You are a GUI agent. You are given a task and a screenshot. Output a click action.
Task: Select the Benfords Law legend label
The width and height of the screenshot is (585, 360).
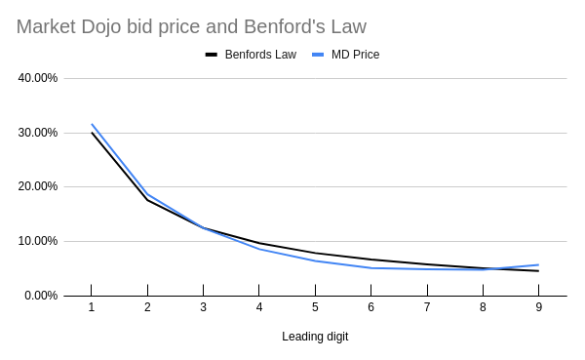click(260, 55)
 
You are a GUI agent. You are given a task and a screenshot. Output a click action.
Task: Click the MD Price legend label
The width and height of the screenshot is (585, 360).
click(355, 55)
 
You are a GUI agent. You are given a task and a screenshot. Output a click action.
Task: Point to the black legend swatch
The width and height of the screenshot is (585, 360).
click(212, 55)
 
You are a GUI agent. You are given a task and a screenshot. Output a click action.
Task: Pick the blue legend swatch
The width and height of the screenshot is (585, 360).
click(318, 55)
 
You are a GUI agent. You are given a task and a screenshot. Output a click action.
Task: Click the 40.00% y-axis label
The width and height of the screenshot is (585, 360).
click(38, 78)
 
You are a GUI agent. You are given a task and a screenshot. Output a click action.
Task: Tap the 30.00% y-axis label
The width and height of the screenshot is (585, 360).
click(38, 133)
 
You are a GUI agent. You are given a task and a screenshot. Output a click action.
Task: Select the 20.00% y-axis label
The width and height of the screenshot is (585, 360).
click(38, 186)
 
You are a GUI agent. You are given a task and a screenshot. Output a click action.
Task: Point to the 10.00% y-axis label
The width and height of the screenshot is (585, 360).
click(38, 241)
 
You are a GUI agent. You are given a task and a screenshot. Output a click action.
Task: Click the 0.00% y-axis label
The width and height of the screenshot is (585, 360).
click(41, 296)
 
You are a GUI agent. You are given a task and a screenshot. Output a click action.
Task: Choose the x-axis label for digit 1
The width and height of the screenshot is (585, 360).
click(92, 307)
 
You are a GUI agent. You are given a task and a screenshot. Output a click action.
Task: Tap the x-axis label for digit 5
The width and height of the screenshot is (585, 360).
click(315, 307)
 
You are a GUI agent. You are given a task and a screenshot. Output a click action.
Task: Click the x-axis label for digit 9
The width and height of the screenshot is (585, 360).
click(539, 307)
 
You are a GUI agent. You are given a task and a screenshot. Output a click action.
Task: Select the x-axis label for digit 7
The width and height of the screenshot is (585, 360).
click(427, 307)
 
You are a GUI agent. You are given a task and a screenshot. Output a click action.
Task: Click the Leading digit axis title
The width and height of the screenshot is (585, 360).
click(315, 337)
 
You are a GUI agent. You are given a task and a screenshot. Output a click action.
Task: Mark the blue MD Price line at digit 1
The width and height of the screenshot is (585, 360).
click(92, 124)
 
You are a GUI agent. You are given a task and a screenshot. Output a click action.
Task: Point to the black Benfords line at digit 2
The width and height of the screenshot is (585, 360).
click(148, 200)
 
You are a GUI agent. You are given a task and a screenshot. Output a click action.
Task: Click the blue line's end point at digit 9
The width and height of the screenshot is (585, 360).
click(538, 264)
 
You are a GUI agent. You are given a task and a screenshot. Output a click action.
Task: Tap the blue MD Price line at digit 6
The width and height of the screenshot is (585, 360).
click(371, 267)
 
